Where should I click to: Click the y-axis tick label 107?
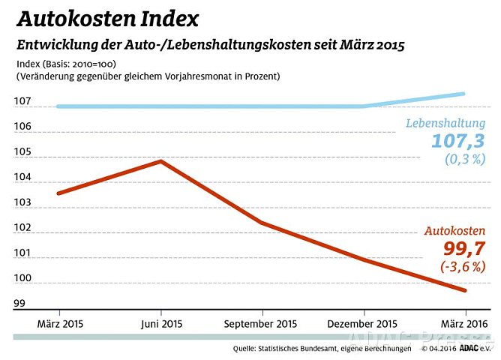pos(22,100)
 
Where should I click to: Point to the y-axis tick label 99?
pos(19,304)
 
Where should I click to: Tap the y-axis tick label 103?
pos(22,202)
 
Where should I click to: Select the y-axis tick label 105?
pos(22,151)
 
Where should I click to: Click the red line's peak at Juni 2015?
pos(160,161)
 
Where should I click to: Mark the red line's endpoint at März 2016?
pos(465,290)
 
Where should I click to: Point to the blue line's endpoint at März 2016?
pos(465,94)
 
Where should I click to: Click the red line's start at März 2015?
pos(59,193)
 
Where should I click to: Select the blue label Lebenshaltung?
pos(445,123)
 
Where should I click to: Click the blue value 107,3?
pos(457,141)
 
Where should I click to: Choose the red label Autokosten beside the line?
pos(455,231)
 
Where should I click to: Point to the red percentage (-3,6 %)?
pos(463,266)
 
